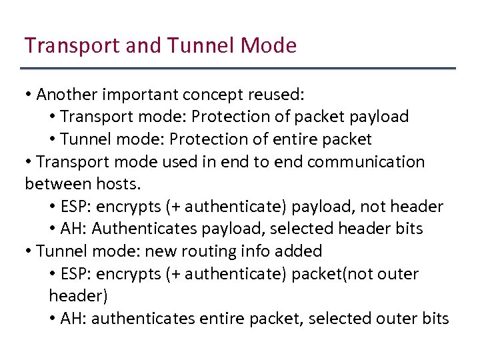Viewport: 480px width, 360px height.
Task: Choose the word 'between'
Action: point(51,183)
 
